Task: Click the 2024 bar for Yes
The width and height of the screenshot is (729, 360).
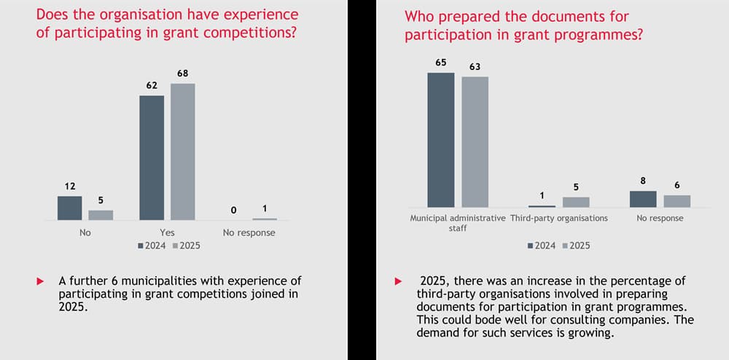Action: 152,157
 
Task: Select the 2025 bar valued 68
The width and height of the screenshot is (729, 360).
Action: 182,152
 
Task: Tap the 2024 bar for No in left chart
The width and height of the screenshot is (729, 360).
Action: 70,208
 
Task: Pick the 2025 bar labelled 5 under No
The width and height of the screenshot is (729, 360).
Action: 101,215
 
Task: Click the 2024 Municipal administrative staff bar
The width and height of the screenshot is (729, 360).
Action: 441,140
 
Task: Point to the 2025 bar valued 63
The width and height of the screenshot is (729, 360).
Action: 475,142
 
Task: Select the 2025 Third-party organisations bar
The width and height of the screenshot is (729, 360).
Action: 576,202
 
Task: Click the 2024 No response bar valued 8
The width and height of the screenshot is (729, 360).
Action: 643,199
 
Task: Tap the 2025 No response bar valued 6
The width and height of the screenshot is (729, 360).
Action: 677,201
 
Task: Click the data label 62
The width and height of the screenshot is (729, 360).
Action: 151,86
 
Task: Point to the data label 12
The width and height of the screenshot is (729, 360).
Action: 70,187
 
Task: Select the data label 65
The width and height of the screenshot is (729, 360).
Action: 441,63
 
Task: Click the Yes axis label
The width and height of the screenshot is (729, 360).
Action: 167,232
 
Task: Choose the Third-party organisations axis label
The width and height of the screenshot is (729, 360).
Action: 559,218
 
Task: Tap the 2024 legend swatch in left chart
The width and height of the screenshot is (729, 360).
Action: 141,246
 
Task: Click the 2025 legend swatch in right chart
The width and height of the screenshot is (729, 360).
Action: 564,246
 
